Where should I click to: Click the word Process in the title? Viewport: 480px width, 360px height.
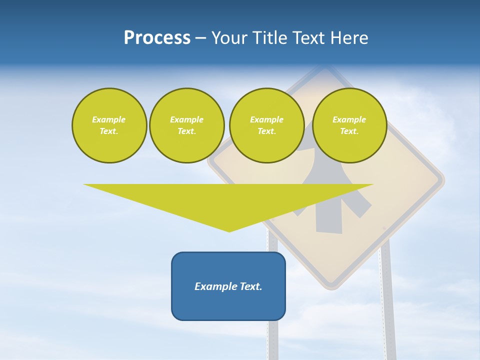pyautogui.click(x=157, y=38)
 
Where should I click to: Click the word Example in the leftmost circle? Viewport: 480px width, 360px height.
pyautogui.click(x=109, y=119)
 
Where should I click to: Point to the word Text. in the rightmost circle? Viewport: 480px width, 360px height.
pyautogui.click(x=349, y=131)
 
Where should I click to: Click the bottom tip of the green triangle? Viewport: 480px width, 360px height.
pyautogui.click(x=229, y=231)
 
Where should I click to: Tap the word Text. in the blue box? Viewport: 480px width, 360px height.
pyautogui.click(x=251, y=286)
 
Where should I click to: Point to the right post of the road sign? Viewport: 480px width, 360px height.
pyautogui.click(x=387, y=300)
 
